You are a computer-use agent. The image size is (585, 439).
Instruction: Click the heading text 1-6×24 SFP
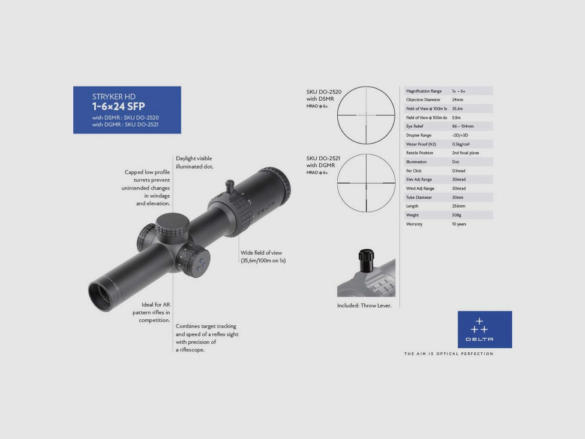pyautogui.click(x=118, y=107)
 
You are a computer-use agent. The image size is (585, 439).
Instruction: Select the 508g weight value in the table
pyautogui.click(x=456, y=215)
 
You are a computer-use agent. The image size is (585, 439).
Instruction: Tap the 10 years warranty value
pyautogui.click(x=459, y=224)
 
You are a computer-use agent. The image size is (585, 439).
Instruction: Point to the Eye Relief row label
pyautogui.click(x=414, y=126)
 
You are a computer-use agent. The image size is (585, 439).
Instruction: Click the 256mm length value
pyautogui.click(x=458, y=206)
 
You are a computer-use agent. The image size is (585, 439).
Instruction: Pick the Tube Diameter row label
pyautogui.click(x=419, y=198)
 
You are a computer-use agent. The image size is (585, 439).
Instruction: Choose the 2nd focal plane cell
pyautogui.click(x=465, y=153)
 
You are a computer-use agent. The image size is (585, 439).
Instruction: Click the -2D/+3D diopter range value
pyautogui.click(x=460, y=135)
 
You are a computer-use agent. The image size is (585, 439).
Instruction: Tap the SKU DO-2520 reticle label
pyautogui.click(x=324, y=92)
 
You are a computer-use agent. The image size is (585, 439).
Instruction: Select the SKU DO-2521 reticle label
pyautogui.click(x=323, y=159)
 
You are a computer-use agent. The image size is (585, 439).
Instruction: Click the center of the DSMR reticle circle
pyautogui.click(x=366, y=115)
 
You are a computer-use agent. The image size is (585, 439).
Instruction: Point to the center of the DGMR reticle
pyautogui.click(x=366, y=183)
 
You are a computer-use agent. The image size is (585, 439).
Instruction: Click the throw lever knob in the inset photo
pyautogui.click(x=366, y=260)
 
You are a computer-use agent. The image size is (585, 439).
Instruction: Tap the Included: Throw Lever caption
pyautogui.click(x=364, y=306)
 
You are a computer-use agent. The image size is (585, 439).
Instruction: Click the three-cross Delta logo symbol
pyautogui.click(x=479, y=326)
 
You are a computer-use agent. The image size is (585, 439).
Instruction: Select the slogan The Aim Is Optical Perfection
pyautogui.click(x=448, y=354)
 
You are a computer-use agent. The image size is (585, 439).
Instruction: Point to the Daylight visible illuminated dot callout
pyautogui.click(x=194, y=162)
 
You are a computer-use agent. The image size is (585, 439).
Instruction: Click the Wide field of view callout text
pyautogui.click(x=263, y=256)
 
